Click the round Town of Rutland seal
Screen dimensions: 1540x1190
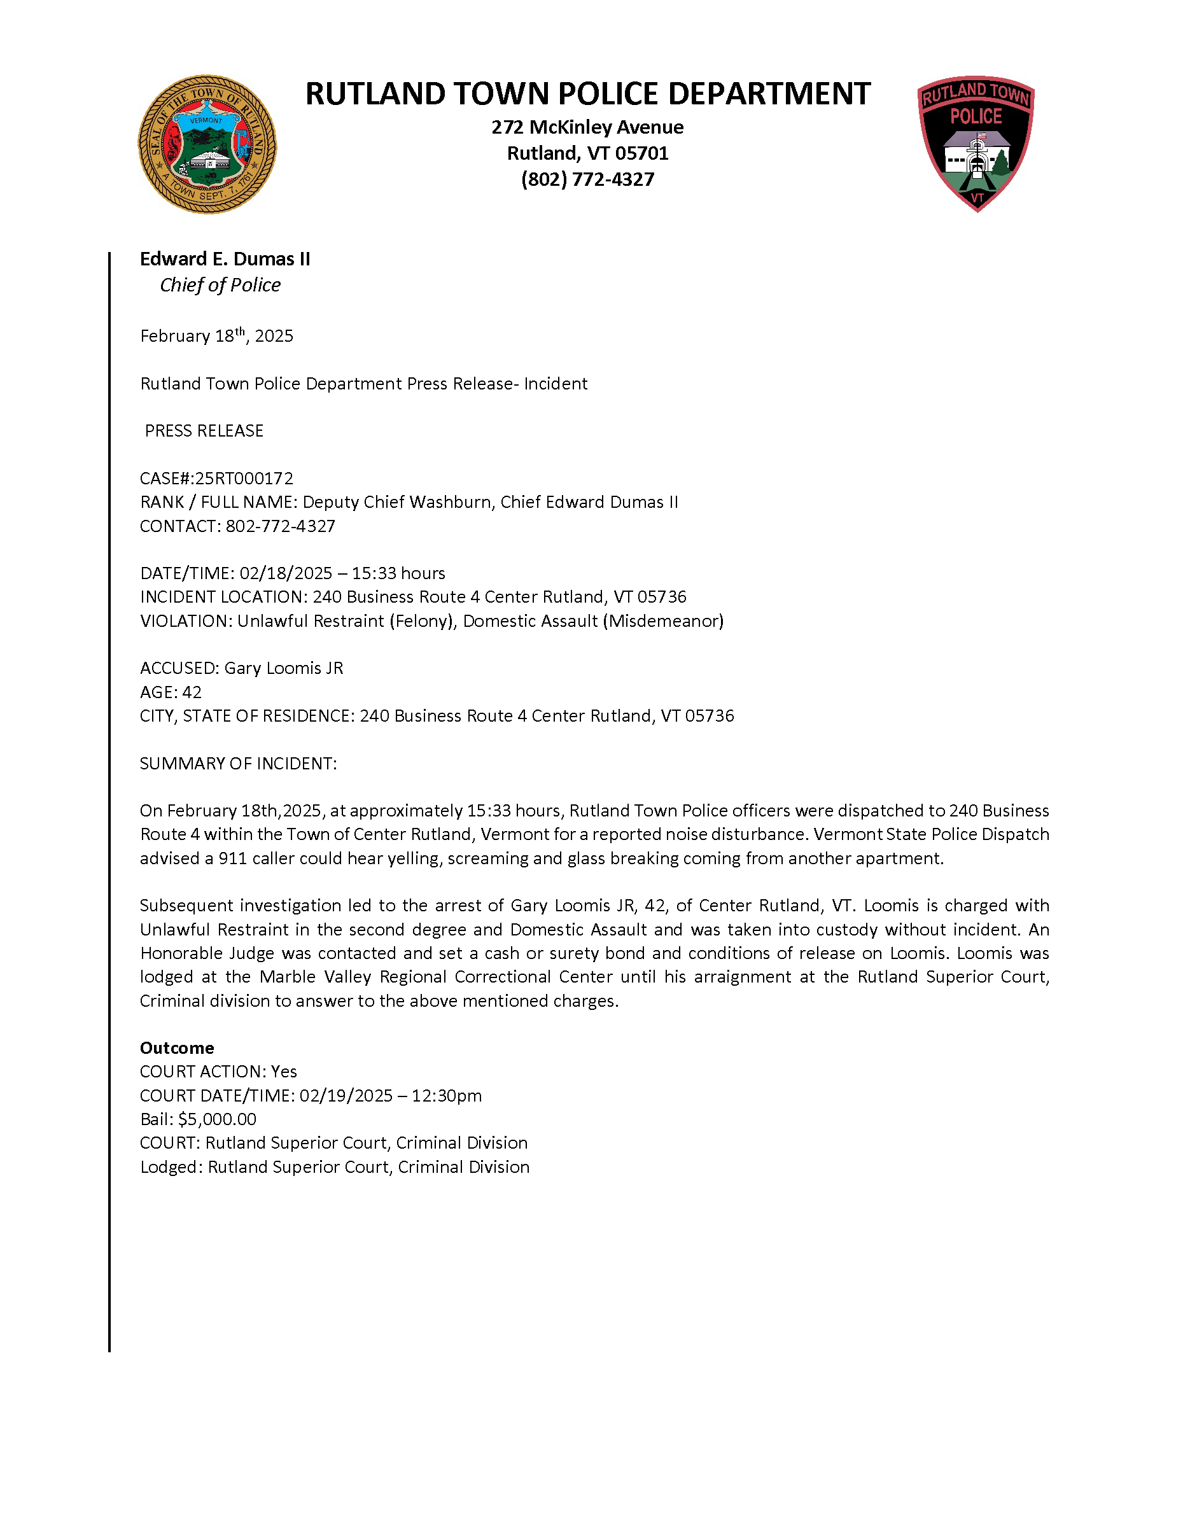[x=207, y=144]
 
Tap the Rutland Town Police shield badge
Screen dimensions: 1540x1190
[x=976, y=143]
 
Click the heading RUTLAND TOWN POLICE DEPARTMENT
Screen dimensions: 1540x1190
[x=587, y=94]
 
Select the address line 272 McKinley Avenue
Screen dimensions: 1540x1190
[x=587, y=128]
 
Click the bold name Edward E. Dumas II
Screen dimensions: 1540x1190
[x=225, y=260]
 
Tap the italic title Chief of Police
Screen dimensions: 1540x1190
[x=220, y=285]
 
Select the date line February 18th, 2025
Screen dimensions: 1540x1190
[x=216, y=335]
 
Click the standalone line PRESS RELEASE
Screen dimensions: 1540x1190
[x=204, y=431]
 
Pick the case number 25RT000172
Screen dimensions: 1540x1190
[x=244, y=479]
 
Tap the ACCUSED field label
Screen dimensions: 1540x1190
[x=179, y=668]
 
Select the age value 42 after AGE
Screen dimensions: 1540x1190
[x=192, y=692]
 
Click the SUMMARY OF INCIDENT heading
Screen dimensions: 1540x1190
[x=238, y=764]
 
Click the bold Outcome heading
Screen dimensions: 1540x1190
[x=176, y=1048]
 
